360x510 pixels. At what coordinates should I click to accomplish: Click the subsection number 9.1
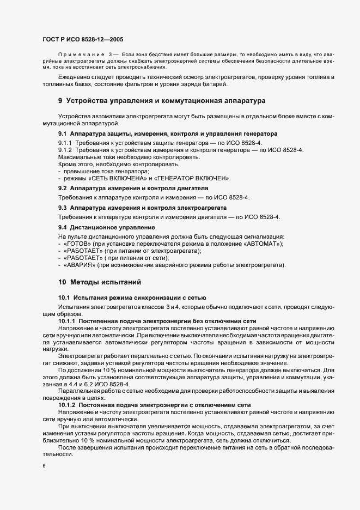[62, 133]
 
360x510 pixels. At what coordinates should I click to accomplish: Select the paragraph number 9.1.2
[65, 149]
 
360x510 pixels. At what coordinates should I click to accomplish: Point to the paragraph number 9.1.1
[65, 142]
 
